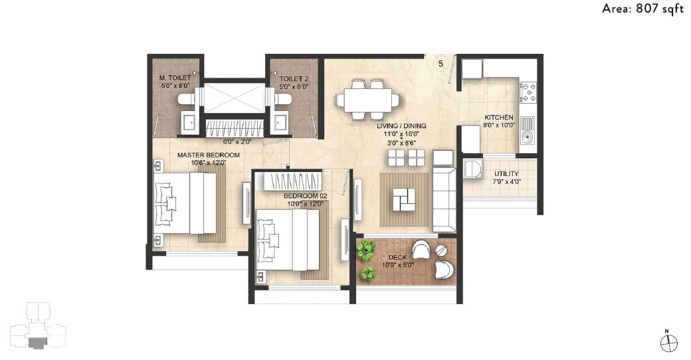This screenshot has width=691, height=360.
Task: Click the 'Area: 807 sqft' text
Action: (x=642, y=9)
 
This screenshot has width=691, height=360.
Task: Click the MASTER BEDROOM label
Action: (x=208, y=155)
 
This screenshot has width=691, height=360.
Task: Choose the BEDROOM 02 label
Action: (x=306, y=196)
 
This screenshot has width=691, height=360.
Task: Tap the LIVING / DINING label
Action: (x=401, y=126)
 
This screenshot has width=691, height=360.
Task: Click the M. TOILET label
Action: (x=175, y=78)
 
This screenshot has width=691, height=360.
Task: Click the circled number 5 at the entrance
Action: (x=441, y=64)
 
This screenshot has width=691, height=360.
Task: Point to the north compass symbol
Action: (x=668, y=342)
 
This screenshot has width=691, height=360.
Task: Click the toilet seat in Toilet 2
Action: (x=284, y=100)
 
